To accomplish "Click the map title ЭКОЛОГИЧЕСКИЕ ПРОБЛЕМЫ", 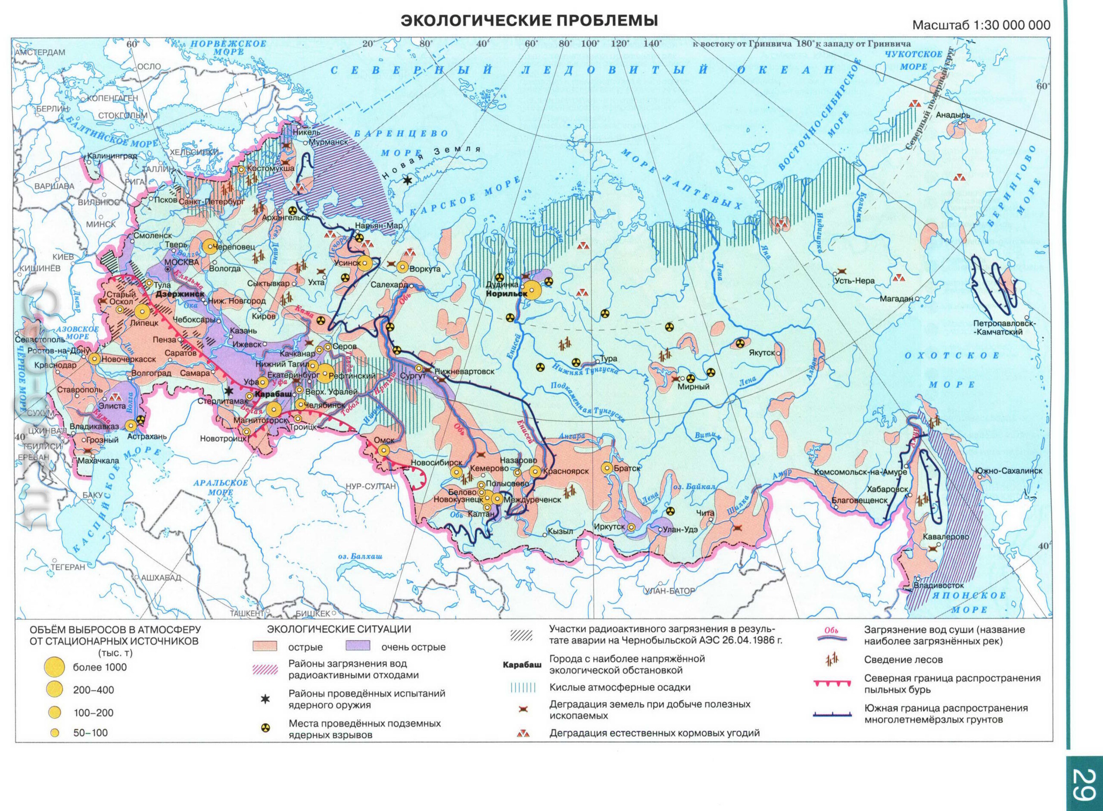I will (x=529, y=21).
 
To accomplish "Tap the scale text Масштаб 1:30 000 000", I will (x=982, y=25).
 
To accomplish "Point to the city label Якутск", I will (x=761, y=352).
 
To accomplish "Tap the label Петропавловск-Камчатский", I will (x=1004, y=328).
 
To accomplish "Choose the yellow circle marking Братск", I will (x=608, y=468).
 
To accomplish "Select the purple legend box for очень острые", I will (x=357, y=646).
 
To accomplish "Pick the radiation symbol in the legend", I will (x=265, y=729).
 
